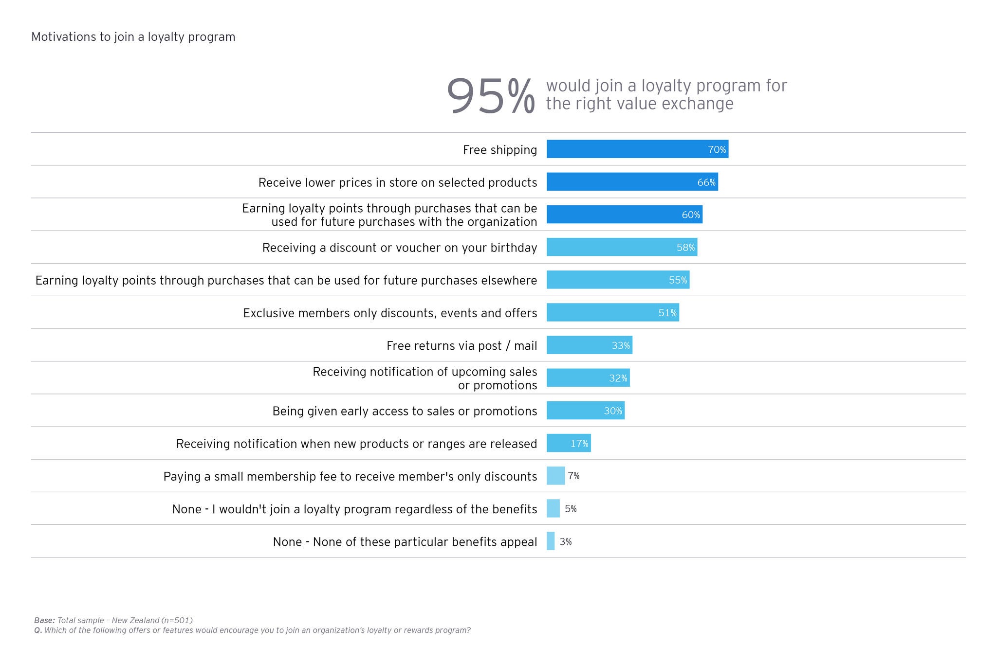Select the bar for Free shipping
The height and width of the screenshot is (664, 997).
point(637,149)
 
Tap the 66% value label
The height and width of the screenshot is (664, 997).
point(706,182)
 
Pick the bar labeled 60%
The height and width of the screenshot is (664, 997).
point(624,215)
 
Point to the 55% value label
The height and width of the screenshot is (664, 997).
point(678,280)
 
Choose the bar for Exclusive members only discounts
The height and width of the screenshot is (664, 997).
point(612,313)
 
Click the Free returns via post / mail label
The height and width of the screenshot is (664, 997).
point(462,346)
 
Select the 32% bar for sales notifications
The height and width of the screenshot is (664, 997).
point(588,378)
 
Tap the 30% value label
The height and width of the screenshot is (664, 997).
point(613,411)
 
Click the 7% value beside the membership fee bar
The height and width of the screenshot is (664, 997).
point(573,476)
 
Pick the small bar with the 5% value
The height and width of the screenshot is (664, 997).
point(553,509)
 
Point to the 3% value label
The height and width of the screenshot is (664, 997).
point(565,542)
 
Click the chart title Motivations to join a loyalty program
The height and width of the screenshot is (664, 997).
point(133,37)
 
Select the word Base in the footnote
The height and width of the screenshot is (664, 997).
point(44,621)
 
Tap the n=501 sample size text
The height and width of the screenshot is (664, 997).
point(178,621)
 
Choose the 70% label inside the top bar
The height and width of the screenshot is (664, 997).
point(717,150)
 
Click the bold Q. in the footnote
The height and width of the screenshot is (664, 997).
point(38,630)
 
